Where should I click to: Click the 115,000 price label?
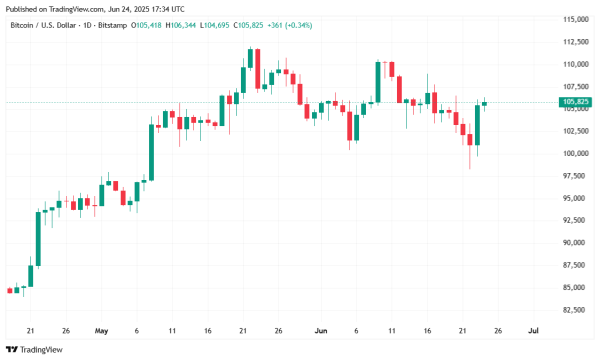click(573, 19)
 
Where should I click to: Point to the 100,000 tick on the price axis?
click(573, 154)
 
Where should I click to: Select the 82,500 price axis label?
click(573, 310)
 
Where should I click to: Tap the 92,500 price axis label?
click(573, 220)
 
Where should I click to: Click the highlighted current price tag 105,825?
click(576, 102)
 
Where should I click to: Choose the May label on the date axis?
click(101, 329)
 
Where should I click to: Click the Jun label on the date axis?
click(320, 329)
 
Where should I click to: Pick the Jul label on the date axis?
click(533, 329)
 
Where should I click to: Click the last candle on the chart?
click(485, 103)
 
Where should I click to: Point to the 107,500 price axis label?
click(573, 86)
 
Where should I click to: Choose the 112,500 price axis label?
click(573, 41)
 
